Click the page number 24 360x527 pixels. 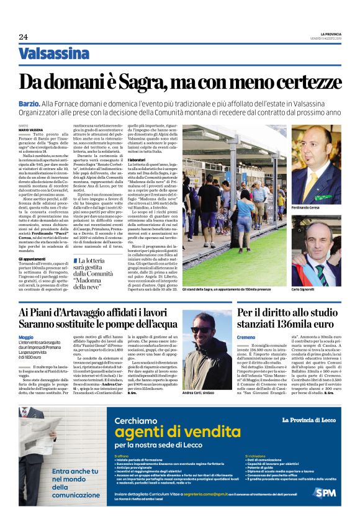pyautogui.click(x=23, y=37)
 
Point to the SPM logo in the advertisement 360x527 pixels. pyautogui.click(x=325, y=492)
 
